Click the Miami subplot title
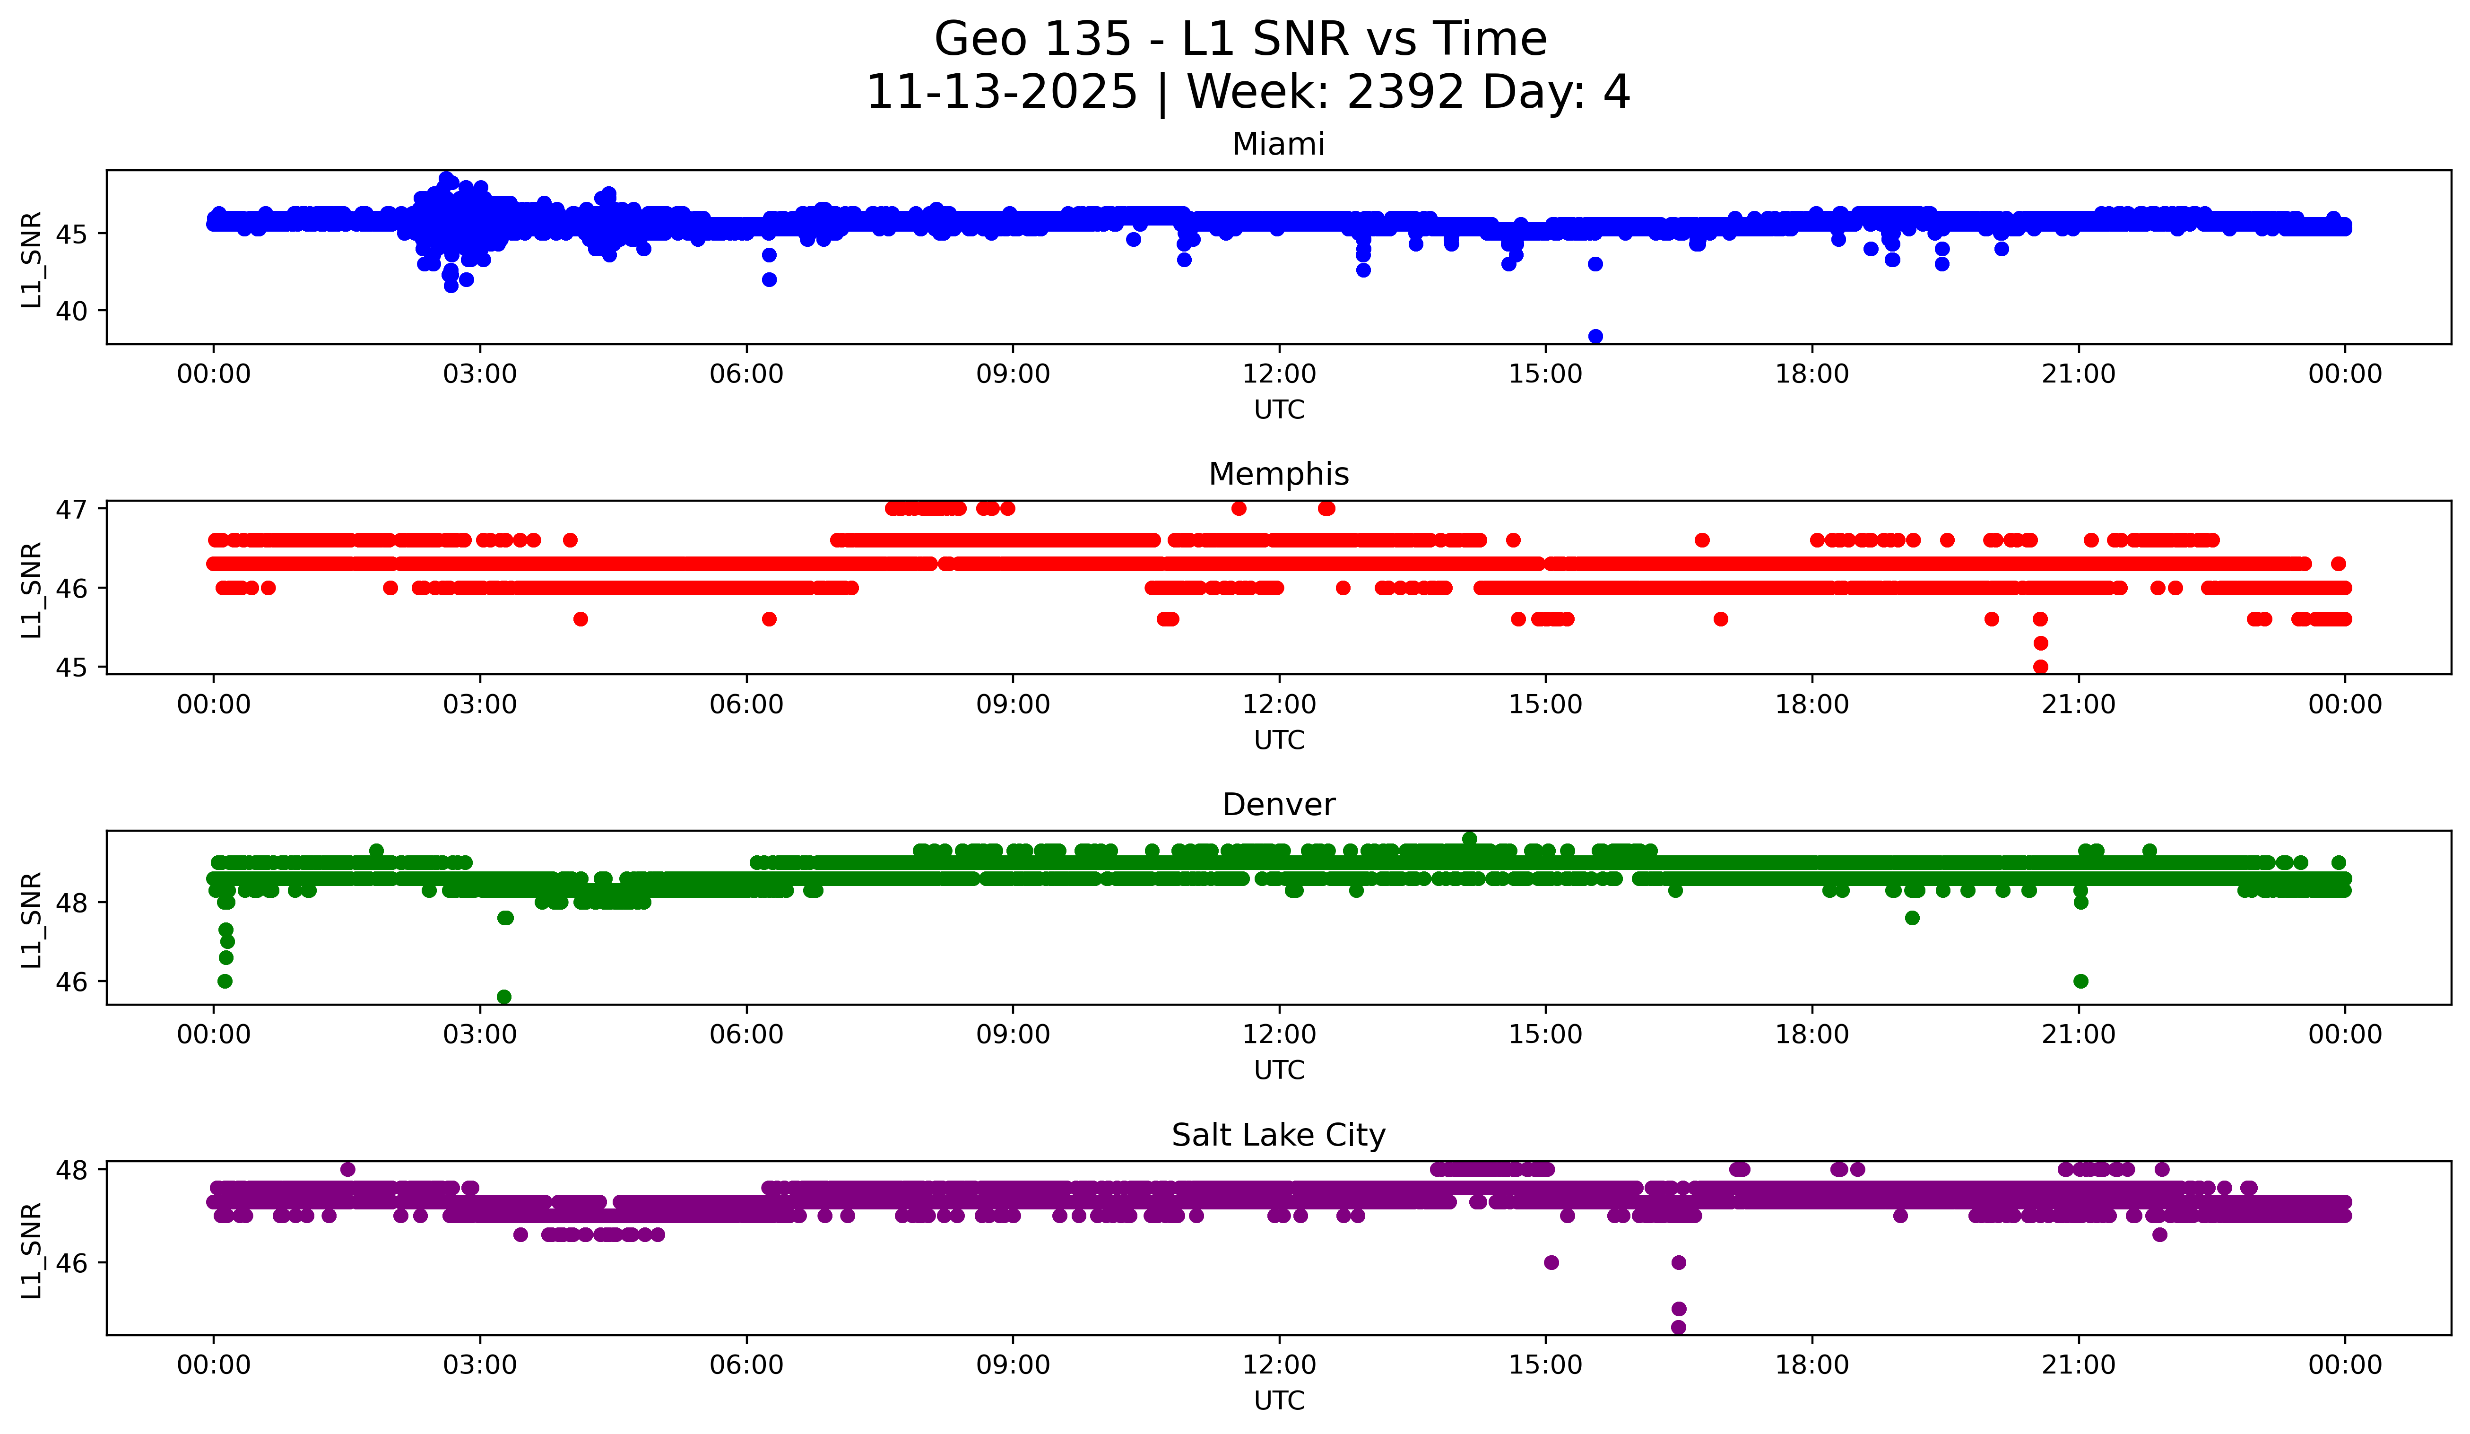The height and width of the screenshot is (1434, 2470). [1278, 144]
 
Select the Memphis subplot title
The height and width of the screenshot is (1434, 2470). [1278, 474]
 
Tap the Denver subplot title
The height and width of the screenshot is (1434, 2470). [1278, 805]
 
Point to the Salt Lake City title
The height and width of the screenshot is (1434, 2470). [1278, 1135]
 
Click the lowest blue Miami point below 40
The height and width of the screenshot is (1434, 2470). [1595, 336]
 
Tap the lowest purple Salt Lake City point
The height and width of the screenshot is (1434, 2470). [1678, 1327]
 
